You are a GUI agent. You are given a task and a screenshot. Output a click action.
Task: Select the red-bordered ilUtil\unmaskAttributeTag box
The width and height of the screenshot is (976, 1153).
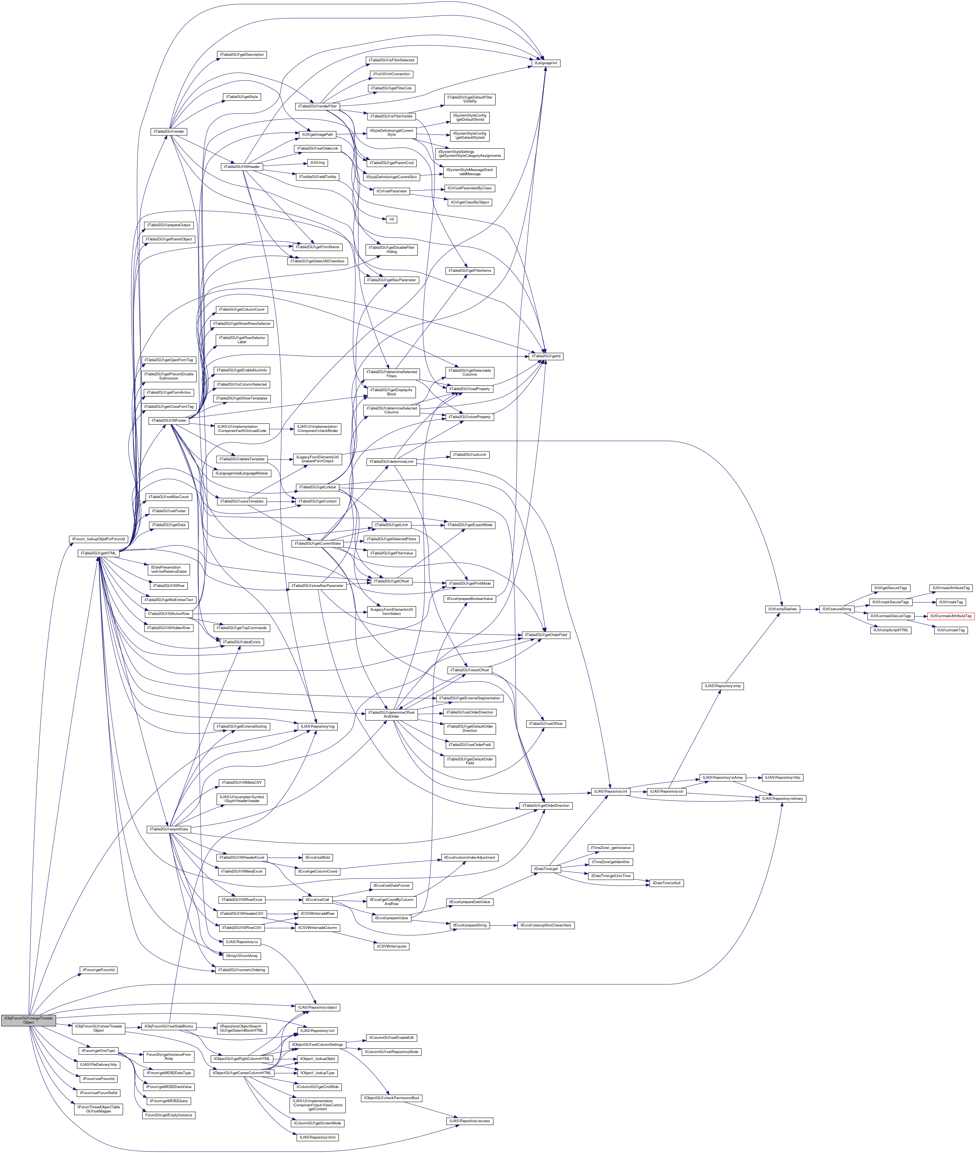pos(950,616)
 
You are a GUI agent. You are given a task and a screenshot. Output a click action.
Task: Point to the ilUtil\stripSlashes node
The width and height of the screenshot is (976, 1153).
pos(782,609)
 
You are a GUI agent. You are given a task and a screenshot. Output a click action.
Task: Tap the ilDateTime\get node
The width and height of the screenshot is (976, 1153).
pos(546,869)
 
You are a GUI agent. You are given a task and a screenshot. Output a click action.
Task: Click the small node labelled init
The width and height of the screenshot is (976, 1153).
pos(391,219)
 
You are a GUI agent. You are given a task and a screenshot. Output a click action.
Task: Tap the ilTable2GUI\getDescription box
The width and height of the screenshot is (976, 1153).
pos(242,55)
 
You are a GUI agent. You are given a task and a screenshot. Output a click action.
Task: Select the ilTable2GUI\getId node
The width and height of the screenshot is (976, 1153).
pos(546,356)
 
